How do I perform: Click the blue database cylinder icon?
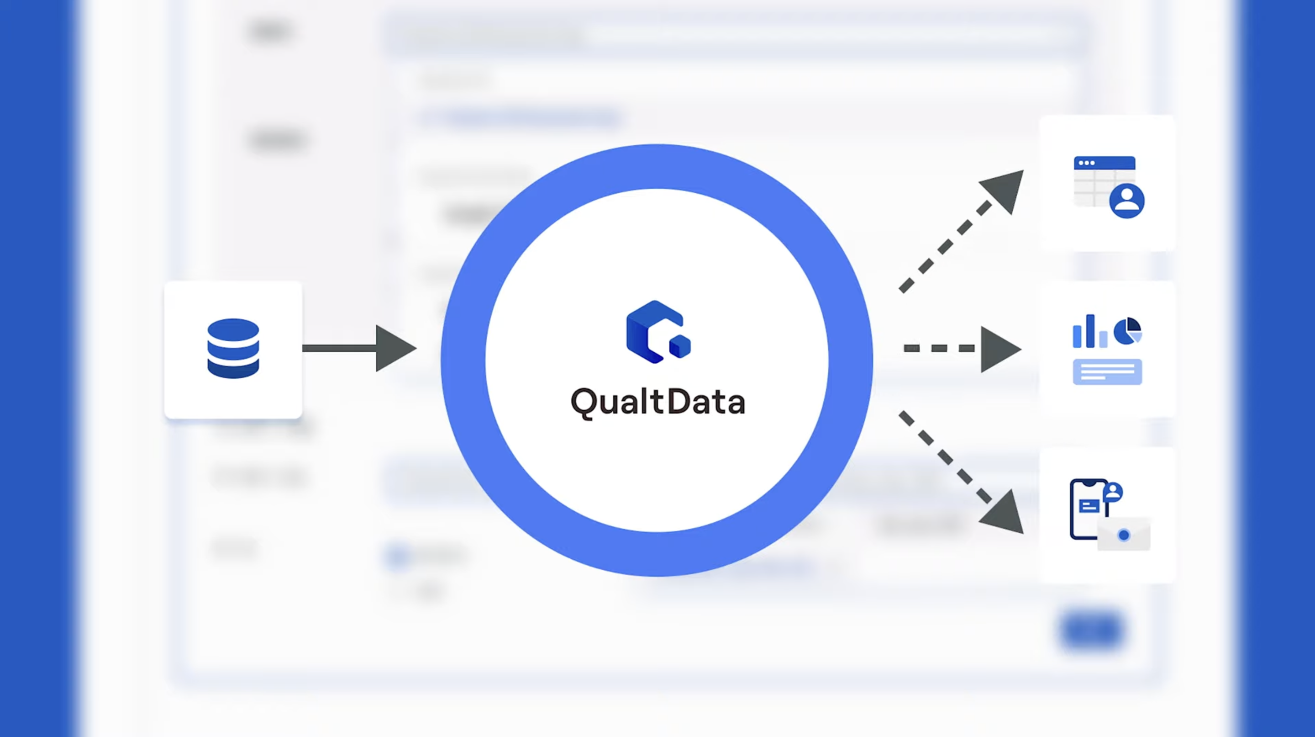point(233,348)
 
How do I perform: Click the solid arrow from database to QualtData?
point(358,348)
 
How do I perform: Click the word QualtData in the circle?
point(657,403)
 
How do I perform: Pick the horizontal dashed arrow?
point(960,348)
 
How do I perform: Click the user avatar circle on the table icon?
point(1126,200)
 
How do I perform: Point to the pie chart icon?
point(1127,331)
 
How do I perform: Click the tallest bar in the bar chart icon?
point(1090,330)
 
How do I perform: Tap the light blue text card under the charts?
point(1107,372)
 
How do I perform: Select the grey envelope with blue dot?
point(1124,535)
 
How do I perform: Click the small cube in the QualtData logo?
point(680,346)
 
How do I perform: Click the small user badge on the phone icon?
point(1112,492)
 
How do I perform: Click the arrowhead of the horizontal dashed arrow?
point(999,350)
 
